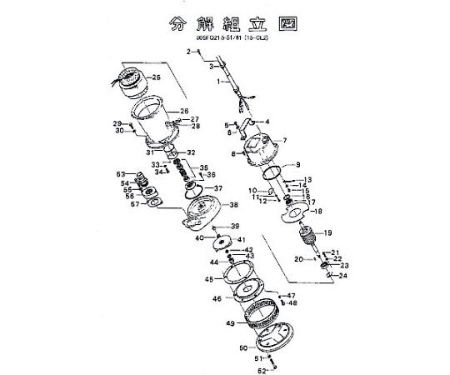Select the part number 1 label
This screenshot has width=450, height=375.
[x=219, y=82]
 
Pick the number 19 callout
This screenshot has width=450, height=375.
[x=327, y=232]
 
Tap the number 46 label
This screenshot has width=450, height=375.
[x=217, y=298]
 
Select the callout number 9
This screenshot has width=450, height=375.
[x=298, y=164]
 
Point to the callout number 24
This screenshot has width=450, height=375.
[x=343, y=276]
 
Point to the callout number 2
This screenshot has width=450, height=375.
[x=189, y=52]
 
